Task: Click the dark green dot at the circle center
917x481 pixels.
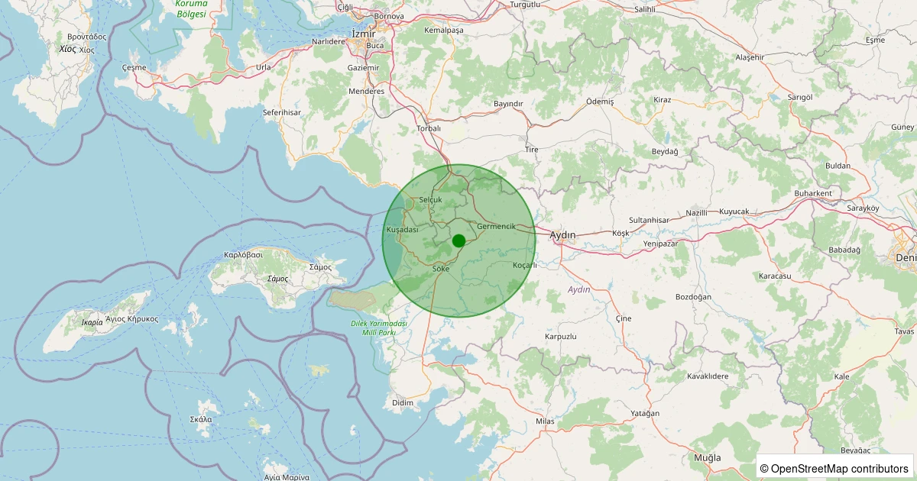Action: (x=458, y=240)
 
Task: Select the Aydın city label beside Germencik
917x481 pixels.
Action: (x=562, y=234)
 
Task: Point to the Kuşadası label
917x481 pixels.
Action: (x=403, y=230)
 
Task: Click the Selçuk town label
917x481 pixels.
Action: (x=431, y=199)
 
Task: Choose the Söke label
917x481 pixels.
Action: (x=440, y=269)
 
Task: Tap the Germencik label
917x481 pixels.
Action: (x=501, y=227)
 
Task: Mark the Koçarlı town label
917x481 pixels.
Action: (x=525, y=265)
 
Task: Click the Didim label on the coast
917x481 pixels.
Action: (x=402, y=402)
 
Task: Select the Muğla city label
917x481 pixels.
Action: (x=707, y=457)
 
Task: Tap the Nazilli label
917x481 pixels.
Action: (x=697, y=212)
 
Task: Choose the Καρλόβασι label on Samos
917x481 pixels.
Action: (x=243, y=254)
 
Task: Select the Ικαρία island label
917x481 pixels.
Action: (x=92, y=322)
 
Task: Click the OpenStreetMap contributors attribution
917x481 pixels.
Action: (x=834, y=468)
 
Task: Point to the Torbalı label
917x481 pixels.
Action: (x=429, y=128)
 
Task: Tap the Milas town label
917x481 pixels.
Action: (x=545, y=421)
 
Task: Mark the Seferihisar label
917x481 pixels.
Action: (x=282, y=112)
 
